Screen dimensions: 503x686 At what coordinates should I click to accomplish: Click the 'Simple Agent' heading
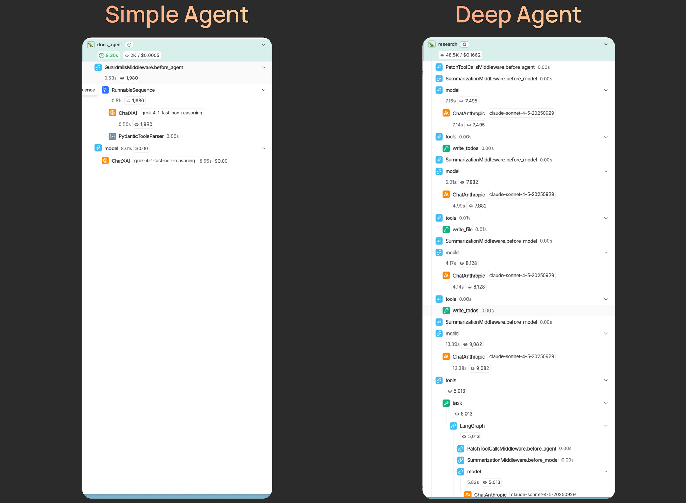coord(177,15)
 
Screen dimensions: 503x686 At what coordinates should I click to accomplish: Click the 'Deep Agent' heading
coord(518,15)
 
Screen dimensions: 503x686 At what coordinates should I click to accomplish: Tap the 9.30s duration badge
coord(109,55)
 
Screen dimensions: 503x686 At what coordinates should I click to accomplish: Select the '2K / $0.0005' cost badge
coord(142,55)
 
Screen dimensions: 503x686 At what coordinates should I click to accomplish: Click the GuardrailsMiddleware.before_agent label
coord(143,67)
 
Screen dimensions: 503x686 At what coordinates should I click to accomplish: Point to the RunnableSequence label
coord(133,90)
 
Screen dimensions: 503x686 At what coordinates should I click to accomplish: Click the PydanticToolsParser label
coord(141,136)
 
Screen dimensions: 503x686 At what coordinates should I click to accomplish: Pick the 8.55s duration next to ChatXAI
coord(205,161)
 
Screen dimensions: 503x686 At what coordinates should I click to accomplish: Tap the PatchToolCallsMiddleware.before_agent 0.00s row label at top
coord(489,67)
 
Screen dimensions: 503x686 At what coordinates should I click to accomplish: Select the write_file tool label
coord(462,229)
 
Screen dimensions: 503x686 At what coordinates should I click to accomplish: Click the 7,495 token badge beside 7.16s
coord(469,101)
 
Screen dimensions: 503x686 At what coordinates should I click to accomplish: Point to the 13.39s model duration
coord(452,344)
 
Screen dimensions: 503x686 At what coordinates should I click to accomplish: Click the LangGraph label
coord(472,426)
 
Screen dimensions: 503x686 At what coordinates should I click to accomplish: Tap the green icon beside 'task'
coord(446,403)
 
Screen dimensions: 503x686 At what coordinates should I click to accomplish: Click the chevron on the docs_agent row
coord(264,45)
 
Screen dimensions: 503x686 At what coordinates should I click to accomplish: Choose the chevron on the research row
coord(606,44)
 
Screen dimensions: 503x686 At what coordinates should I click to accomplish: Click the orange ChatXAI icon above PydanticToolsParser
coord(112,113)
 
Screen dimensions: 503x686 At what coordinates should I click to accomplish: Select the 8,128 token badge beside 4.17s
coord(469,263)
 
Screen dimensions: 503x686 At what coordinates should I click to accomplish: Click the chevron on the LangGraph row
coord(606,426)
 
